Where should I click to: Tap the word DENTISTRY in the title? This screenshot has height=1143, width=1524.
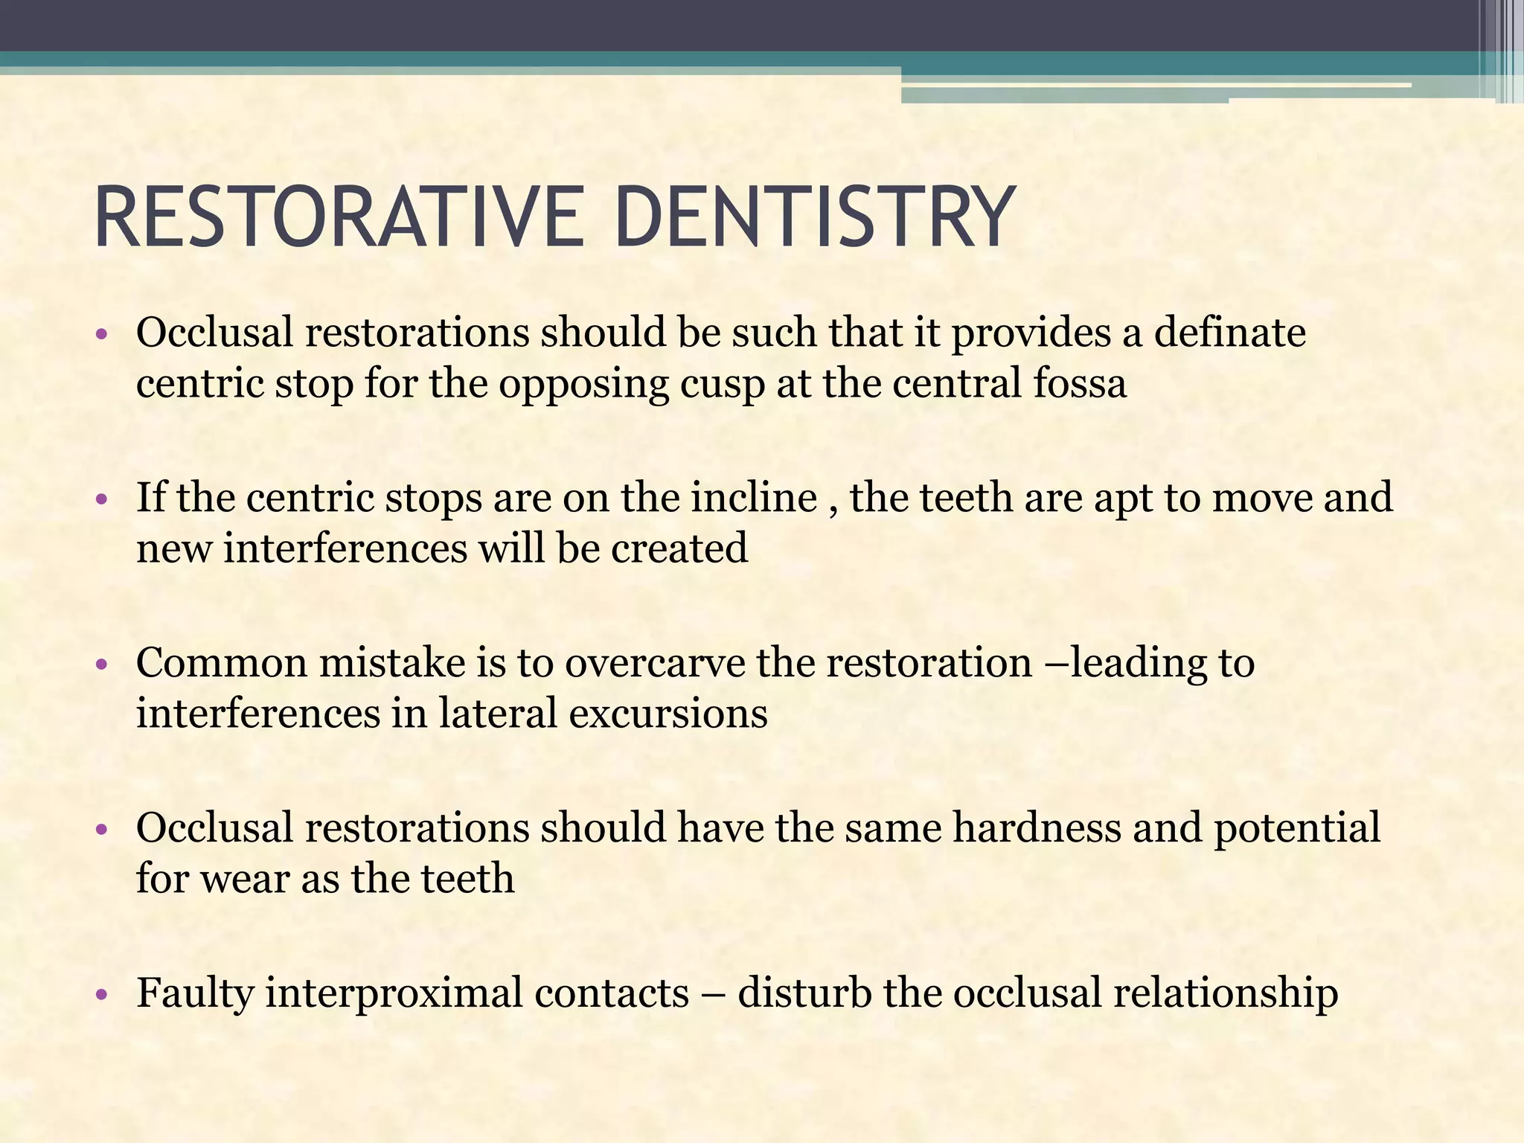814,217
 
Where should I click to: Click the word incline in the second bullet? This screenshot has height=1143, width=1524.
754,497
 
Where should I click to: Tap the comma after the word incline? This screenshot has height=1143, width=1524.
833,509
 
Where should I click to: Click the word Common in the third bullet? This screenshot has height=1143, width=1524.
221,662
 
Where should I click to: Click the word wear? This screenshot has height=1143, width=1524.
245,879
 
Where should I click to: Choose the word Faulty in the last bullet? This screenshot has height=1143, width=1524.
195,993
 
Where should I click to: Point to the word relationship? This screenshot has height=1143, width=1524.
1225,993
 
